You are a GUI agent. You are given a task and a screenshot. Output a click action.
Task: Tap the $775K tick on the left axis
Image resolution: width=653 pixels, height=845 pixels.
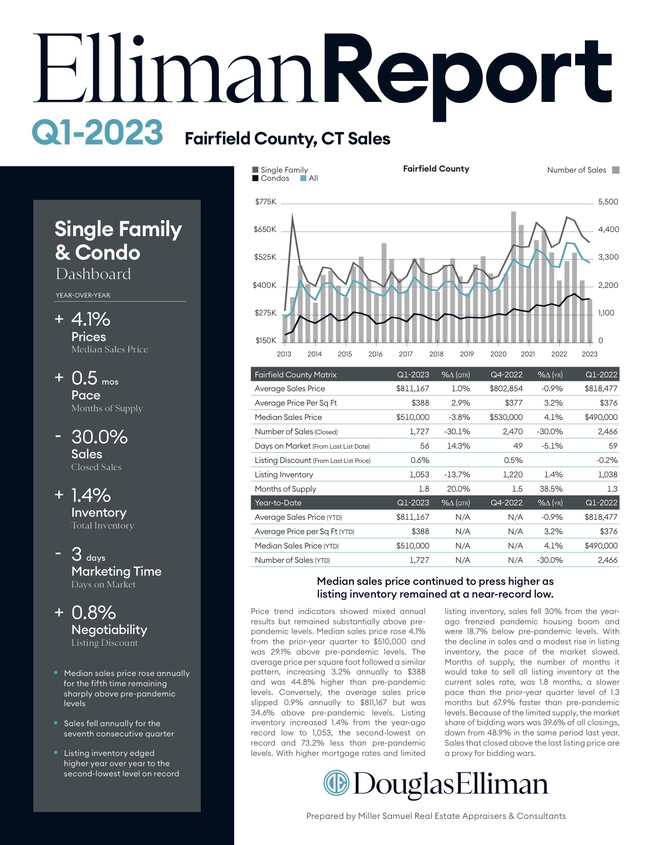[x=265, y=202]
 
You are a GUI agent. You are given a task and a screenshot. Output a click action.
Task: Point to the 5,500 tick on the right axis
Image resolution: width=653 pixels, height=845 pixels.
[x=608, y=202]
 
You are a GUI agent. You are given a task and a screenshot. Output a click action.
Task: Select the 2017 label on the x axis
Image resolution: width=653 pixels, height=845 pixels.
[x=406, y=354]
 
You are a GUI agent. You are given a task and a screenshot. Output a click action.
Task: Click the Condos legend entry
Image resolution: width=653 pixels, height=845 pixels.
[x=275, y=178]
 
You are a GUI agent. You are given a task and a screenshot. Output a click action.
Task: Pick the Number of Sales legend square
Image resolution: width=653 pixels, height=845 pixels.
[x=616, y=170]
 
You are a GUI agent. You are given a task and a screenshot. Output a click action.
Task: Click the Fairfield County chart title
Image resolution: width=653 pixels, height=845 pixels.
[x=436, y=168]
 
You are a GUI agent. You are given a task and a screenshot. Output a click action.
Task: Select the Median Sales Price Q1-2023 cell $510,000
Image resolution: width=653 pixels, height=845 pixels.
[x=412, y=417]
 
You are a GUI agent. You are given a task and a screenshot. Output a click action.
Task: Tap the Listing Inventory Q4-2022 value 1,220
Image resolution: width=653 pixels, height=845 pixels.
[x=512, y=475]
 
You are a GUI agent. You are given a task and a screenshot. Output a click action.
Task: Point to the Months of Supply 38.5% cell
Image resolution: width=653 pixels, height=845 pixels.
[x=551, y=489]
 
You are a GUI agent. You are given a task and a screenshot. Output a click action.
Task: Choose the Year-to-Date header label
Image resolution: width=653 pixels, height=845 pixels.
[x=278, y=503]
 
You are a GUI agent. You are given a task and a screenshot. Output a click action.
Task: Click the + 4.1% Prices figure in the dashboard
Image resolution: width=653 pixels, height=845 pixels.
[x=91, y=320]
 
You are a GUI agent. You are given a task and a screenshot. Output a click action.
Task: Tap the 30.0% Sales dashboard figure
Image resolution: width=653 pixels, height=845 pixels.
[x=99, y=437]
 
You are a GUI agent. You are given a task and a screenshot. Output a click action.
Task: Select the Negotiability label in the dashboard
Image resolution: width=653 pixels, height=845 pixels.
[x=109, y=630]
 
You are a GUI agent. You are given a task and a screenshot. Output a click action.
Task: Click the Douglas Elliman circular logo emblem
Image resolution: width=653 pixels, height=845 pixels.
[x=335, y=783]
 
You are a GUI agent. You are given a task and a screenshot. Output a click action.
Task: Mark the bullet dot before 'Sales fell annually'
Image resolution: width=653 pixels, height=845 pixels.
[x=55, y=723]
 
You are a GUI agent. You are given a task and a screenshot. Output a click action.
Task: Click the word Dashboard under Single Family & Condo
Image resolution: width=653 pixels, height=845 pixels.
[x=93, y=274]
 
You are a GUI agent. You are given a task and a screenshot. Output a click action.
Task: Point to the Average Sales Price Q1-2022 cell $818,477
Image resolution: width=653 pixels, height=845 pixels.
[x=601, y=389]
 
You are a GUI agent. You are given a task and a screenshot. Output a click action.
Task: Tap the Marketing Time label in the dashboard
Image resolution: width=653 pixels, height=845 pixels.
[x=116, y=572]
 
